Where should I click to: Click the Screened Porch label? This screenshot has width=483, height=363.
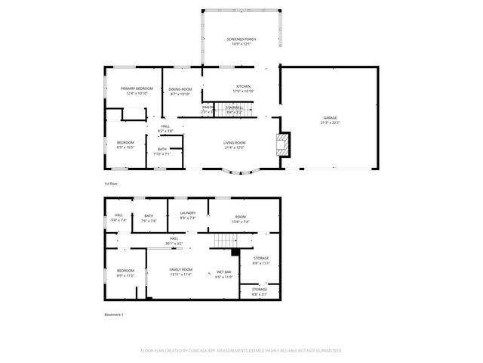[x=241, y=39]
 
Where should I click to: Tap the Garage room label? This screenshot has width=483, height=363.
[x=330, y=118]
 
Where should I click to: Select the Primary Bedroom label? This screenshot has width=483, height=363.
[x=137, y=88]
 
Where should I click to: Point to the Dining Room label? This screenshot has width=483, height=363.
[x=180, y=89]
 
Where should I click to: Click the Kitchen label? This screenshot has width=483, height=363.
[x=243, y=86]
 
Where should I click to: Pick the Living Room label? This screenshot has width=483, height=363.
[x=234, y=142]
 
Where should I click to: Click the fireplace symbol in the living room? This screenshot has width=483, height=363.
[x=282, y=145]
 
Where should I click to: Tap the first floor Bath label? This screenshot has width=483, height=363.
[x=162, y=149]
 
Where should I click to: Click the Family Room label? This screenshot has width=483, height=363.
[x=181, y=270]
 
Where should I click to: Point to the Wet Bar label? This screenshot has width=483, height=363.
[x=224, y=271]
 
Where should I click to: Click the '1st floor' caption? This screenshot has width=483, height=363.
[x=112, y=184]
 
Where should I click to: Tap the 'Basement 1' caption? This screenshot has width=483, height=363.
[x=113, y=314]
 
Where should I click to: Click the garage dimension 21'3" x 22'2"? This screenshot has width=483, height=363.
[x=330, y=123]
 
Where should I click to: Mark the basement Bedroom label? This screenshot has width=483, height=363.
[x=125, y=271]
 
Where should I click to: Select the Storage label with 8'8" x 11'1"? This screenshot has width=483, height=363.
[x=260, y=259]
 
